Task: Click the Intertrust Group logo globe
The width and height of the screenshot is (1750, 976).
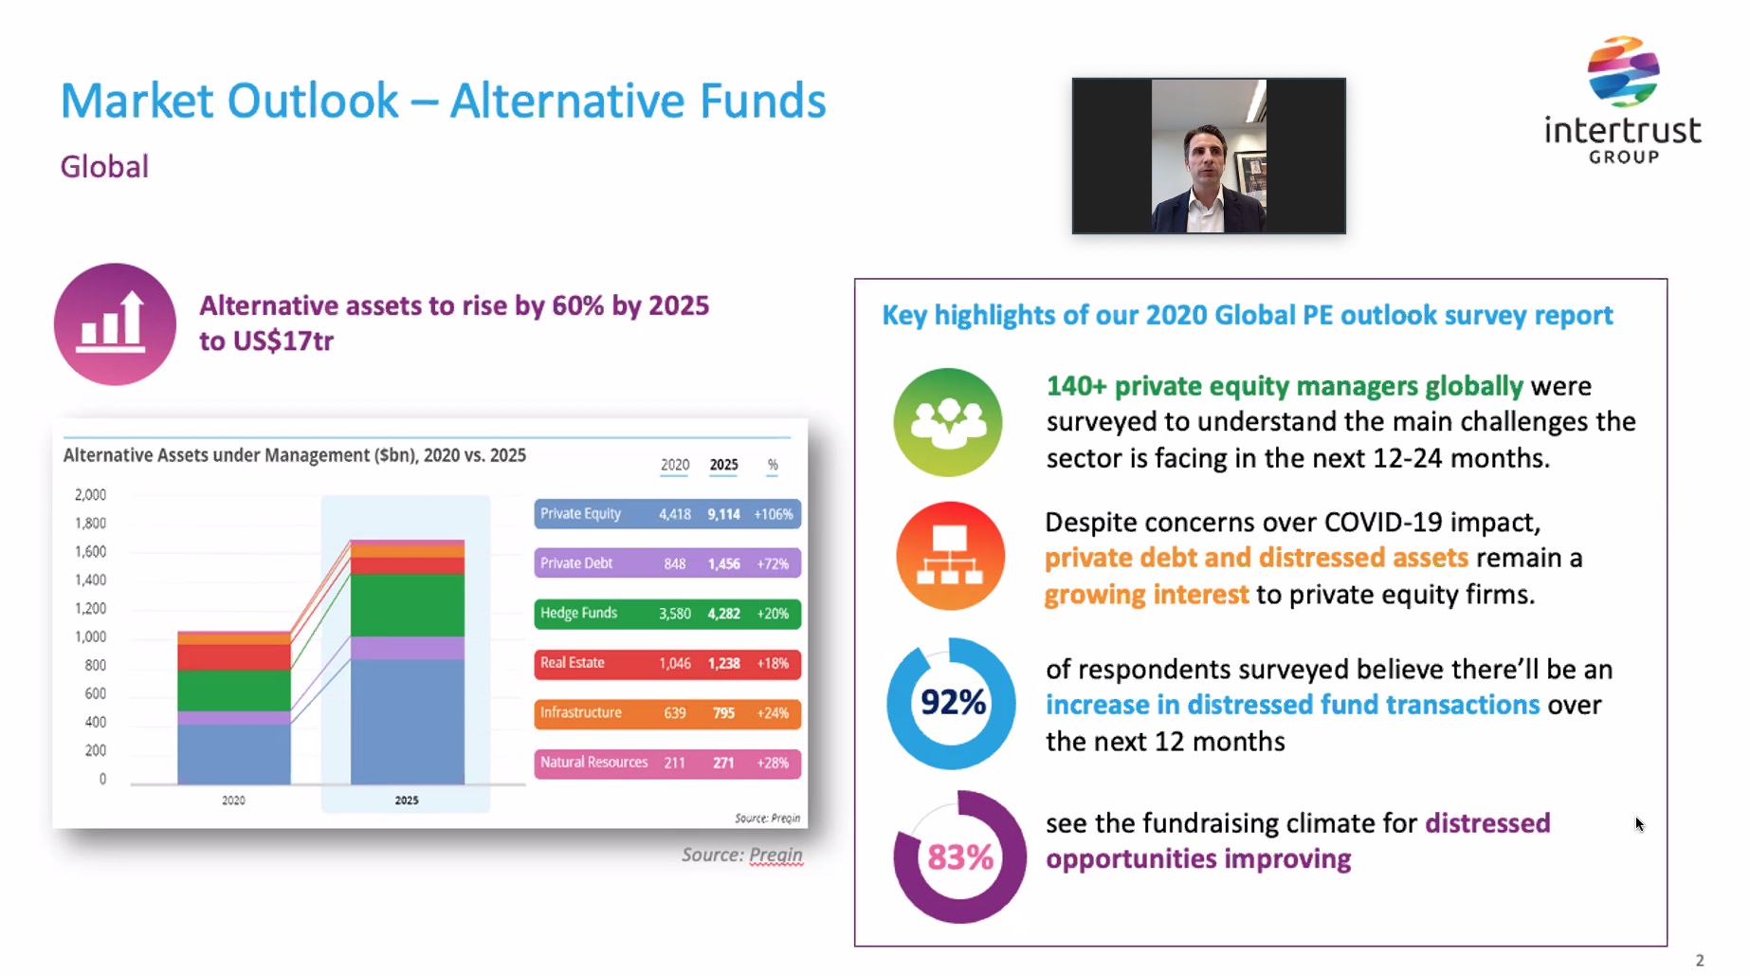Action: [1623, 71]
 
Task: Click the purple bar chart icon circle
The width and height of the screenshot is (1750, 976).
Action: [115, 324]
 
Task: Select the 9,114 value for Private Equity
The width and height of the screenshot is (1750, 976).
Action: [723, 514]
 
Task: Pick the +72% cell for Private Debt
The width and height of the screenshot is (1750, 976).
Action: [773, 563]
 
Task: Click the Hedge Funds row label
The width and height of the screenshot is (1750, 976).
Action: [578, 613]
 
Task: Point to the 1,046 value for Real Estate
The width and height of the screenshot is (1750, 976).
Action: [675, 663]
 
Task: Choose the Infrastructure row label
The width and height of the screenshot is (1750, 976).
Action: [580, 712]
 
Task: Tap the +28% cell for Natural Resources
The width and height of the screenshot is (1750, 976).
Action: [773, 763]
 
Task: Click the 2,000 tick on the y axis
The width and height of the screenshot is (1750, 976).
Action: [91, 494]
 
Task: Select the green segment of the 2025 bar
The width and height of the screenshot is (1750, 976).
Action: [407, 605]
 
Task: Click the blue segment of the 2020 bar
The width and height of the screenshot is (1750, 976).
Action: [234, 754]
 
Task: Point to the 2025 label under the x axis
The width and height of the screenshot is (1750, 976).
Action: [407, 801]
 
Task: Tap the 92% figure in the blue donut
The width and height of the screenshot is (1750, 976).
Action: [953, 702]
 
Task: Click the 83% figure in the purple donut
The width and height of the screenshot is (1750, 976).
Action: [960, 857]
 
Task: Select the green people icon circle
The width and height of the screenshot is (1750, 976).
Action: [947, 422]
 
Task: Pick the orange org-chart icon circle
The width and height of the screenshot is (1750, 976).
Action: [950, 556]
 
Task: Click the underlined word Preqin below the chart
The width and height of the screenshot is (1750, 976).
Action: [775, 855]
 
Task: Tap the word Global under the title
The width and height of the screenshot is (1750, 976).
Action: [104, 167]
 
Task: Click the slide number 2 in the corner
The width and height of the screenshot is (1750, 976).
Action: [1700, 960]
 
